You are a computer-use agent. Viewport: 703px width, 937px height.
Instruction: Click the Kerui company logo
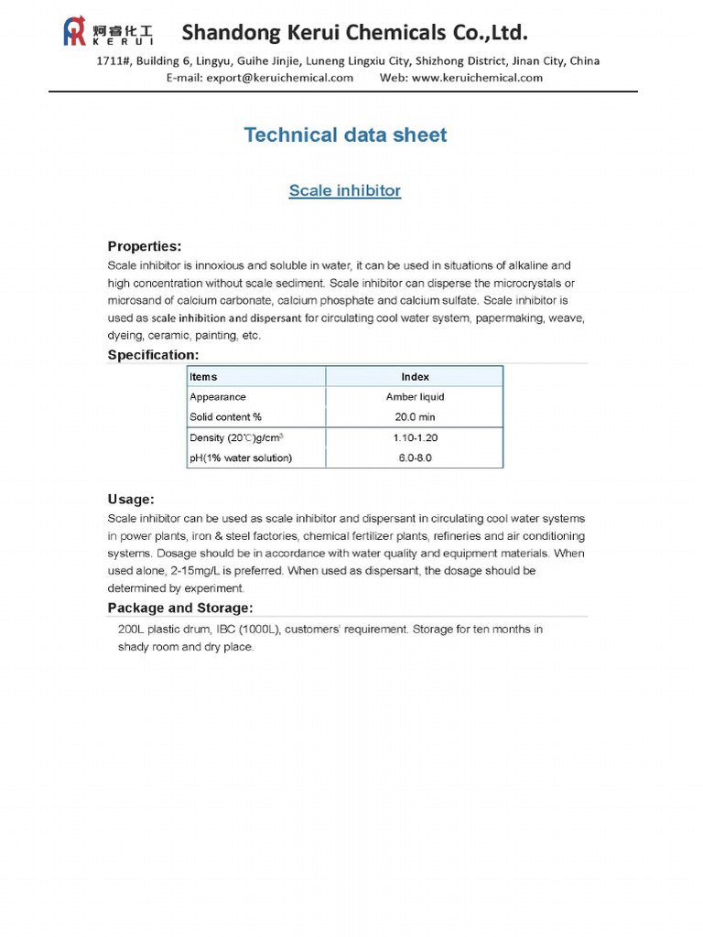107,32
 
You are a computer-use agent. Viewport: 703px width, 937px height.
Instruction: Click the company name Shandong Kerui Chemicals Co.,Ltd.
355,34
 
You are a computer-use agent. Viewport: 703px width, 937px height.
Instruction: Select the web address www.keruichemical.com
477,78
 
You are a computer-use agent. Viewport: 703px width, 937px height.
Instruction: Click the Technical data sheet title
345,135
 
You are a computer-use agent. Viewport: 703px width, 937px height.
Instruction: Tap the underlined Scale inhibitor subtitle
345,190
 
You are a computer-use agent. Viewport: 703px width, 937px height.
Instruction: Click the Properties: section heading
145,246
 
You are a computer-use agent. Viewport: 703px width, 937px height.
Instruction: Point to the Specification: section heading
153,354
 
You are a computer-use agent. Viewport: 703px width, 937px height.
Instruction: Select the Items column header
203,377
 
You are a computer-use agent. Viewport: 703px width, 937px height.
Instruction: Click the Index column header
415,377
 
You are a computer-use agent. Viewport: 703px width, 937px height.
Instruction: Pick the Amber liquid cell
415,397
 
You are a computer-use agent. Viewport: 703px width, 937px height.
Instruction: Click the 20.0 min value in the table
415,417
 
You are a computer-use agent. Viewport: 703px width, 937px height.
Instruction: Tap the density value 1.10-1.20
415,438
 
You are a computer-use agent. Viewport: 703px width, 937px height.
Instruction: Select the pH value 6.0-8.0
415,458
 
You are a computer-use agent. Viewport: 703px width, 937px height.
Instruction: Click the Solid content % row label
225,417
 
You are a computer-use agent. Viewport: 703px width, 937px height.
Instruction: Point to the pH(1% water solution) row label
241,458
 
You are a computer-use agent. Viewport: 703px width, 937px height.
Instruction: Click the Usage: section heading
131,500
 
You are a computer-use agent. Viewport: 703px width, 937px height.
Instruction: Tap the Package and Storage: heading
180,609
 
